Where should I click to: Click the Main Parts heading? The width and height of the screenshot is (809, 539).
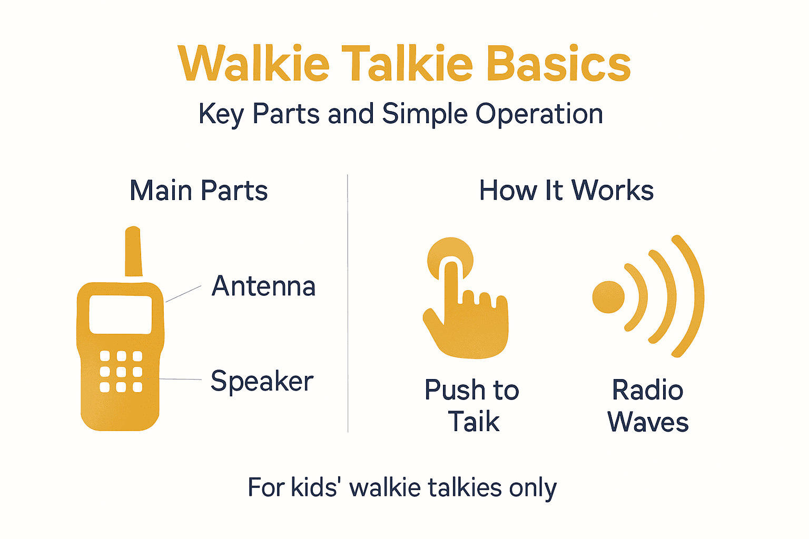(199, 191)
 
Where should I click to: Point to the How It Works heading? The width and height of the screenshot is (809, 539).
(566, 191)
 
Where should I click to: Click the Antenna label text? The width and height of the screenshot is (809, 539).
(263, 286)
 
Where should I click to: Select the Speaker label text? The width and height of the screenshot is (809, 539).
(262, 381)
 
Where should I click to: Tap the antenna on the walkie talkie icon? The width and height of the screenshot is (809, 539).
(133, 252)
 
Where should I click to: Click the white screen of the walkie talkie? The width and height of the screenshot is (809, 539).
(121, 314)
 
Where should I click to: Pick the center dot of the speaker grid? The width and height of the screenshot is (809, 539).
(121, 372)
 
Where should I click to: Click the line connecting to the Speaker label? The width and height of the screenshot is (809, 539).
(180, 379)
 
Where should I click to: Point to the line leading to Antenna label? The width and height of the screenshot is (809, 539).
(183, 294)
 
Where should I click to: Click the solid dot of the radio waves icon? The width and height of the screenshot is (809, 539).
(608, 297)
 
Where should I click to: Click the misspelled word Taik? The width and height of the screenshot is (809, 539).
(473, 422)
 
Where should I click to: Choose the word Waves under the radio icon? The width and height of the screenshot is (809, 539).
(648, 422)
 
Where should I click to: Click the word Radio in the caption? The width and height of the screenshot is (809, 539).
(648, 391)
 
